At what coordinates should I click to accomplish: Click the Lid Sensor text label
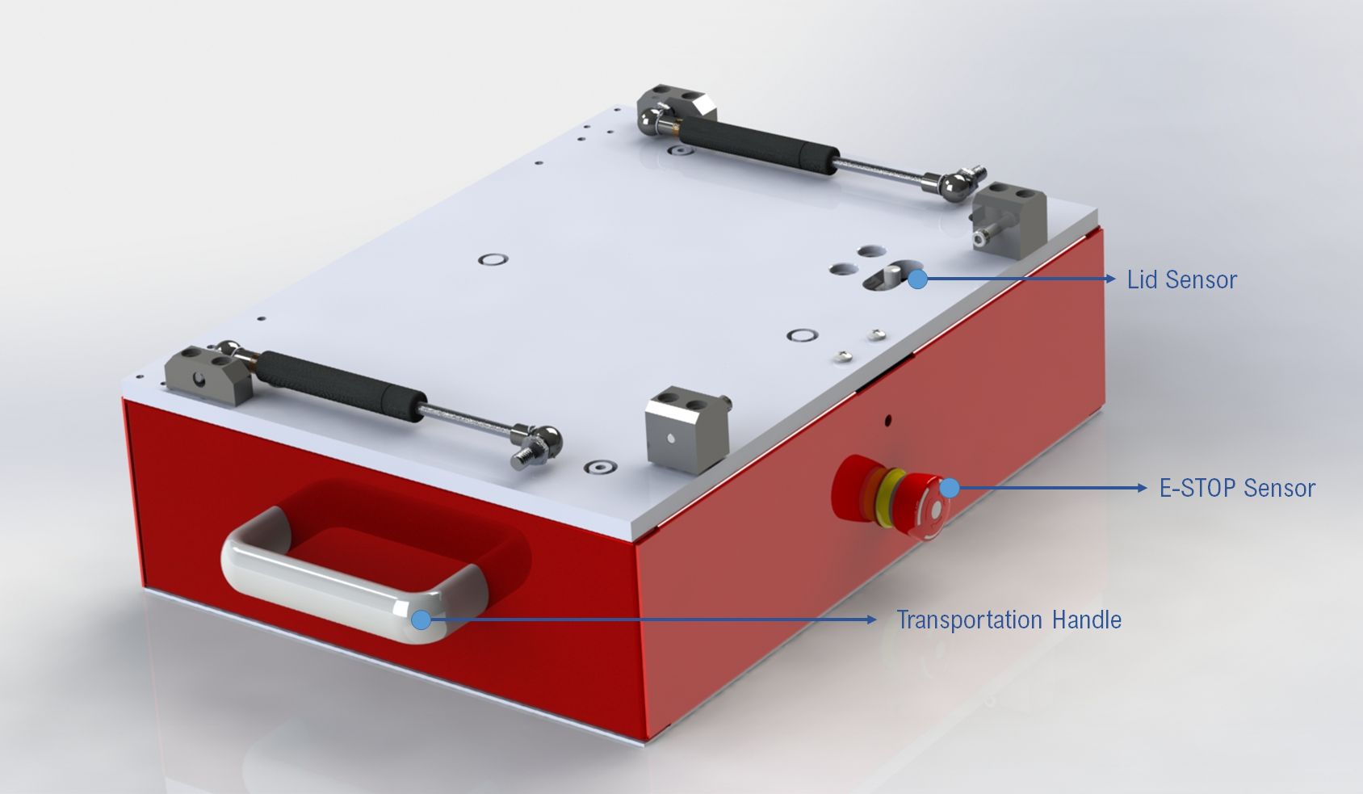click(x=1181, y=280)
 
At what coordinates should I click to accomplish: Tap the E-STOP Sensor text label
click(x=1237, y=489)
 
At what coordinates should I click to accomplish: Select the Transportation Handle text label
click(x=1009, y=620)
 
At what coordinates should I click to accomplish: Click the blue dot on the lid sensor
click(x=917, y=279)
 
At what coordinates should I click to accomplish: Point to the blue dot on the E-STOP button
click(x=950, y=488)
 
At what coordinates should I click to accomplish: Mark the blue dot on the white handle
click(x=421, y=620)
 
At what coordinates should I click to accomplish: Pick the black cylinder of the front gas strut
click(x=339, y=383)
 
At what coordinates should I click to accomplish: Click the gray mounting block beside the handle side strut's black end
click(x=206, y=373)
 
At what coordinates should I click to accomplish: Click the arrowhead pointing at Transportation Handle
click(x=871, y=620)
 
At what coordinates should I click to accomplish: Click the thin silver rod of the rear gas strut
click(x=880, y=170)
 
